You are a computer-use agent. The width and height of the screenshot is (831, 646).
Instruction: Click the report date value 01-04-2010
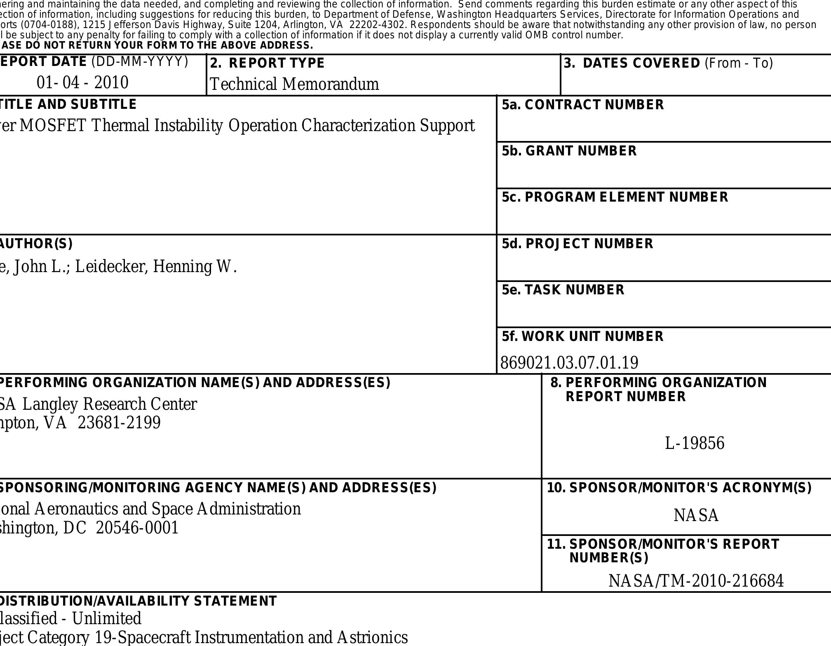[82, 82]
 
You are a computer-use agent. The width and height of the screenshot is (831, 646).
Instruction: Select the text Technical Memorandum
[294, 84]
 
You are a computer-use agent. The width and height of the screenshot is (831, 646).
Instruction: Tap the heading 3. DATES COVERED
[668, 63]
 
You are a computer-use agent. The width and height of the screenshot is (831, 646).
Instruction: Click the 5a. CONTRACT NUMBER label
[582, 105]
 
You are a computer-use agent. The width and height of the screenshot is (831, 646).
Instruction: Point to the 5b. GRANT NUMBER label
[569, 151]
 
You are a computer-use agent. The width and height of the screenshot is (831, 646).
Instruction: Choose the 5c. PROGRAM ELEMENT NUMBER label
[615, 197]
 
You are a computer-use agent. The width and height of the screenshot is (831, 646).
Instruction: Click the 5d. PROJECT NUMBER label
[577, 244]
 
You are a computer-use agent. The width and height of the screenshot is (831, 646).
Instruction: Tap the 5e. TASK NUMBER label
[563, 290]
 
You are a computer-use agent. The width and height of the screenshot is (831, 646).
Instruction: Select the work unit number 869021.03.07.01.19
[569, 363]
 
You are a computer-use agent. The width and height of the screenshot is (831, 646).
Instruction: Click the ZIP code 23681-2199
[119, 423]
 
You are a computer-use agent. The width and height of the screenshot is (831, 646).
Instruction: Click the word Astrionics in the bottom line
[372, 637]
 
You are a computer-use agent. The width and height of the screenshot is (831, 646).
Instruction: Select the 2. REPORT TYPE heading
[268, 63]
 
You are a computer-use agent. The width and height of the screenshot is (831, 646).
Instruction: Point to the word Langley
[50, 404]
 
